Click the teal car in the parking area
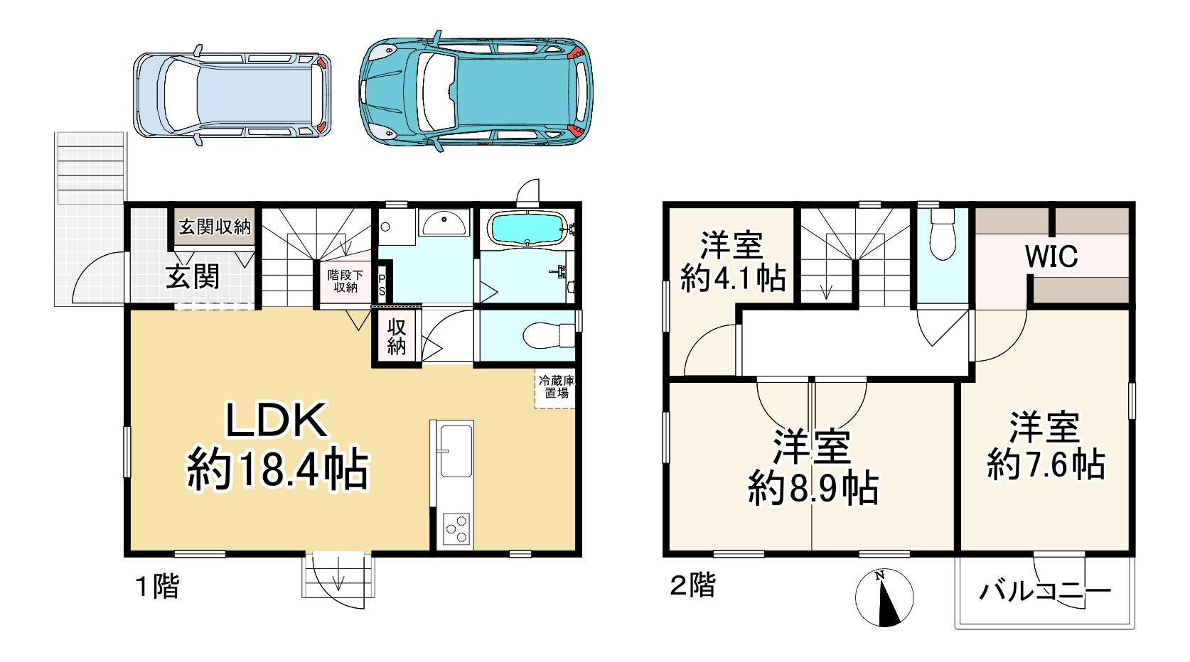pos(476,91)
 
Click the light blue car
pos(232,95)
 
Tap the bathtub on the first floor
pos(527,228)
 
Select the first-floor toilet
pos(548,335)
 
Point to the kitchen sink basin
pos(456,451)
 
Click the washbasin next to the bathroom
pos(444,223)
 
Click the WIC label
pos(1051,256)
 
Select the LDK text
pos(277,420)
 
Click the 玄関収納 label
pos(215,227)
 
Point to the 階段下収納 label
pos(345,281)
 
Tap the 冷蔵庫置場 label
pos(556,386)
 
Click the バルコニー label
pos(1045,591)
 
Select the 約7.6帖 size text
pos(1046,465)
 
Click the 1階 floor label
pos(158,587)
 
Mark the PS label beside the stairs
pos(382,286)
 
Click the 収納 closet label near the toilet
pos(397,337)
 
